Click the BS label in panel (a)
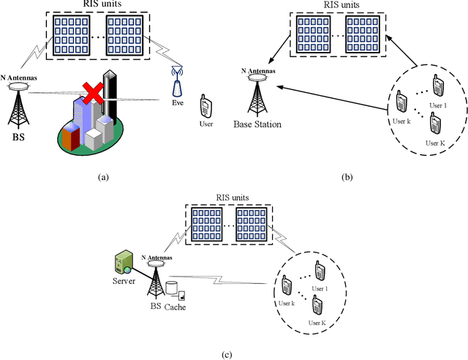pos(20,136)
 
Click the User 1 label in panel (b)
pos(436,105)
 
